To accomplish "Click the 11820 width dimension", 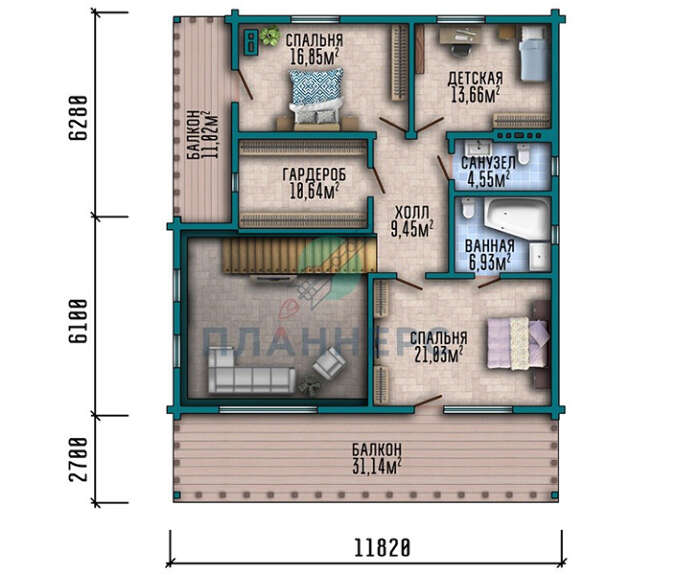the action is coord(382,547).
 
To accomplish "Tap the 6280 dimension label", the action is coord(78,118).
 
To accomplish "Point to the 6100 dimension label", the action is coord(78,321).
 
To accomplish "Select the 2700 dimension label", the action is coord(78,460).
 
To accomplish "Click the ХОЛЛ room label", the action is coord(412,212).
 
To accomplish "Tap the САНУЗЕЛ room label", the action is coord(488,163).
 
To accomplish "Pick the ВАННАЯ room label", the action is coord(489,246).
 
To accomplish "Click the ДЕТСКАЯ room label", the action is coord(475,79).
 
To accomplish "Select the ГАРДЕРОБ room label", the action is coord(314,175).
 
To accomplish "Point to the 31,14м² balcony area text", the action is coord(376,466).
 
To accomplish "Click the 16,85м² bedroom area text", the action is coord(314,57).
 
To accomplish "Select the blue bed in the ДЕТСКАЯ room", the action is coord(533,53).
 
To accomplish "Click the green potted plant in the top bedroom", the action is coord(270,36).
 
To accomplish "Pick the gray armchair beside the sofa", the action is coord(329,362).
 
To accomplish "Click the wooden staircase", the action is coord(299,255).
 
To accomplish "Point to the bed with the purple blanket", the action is coord(517,343).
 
